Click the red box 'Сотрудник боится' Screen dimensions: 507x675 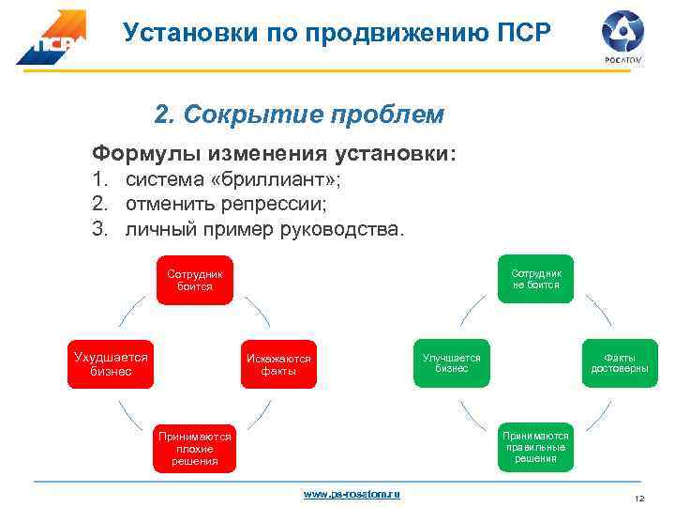[195, 280]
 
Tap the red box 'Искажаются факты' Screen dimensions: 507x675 [278, 364]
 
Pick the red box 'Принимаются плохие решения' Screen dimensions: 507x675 [195, 448]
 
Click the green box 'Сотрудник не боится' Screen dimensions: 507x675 [535, 279]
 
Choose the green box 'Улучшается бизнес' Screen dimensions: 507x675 [451, 362]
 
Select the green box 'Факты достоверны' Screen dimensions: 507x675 [620, 362]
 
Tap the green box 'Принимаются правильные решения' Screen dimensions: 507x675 [535, 446]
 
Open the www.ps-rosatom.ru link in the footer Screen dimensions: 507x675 [352, 493]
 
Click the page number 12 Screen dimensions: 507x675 [640, 498]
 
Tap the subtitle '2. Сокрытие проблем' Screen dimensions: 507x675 [299, 115]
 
